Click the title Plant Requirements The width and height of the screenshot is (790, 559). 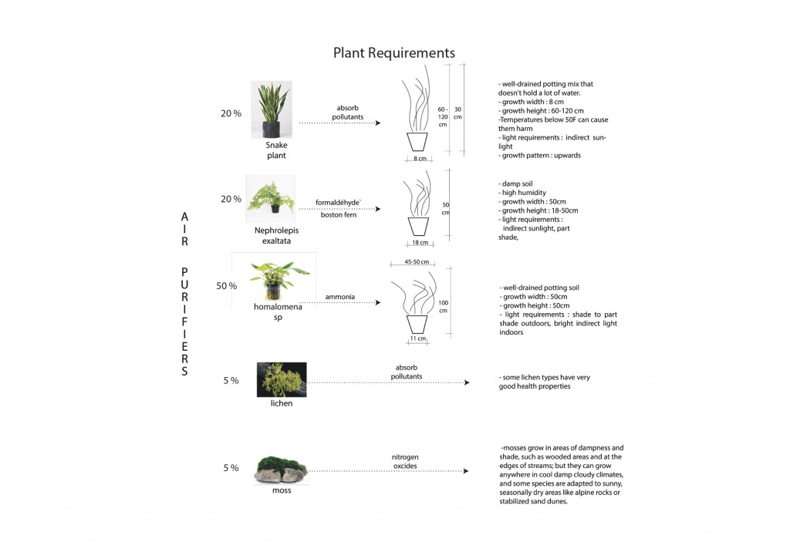tap(393, 53)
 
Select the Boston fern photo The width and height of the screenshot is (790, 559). tap(271, 198)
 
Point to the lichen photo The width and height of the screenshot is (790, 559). tap(281, 379)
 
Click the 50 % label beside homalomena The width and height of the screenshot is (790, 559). tap(227, 286)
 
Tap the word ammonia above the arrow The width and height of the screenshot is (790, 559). tap(340, 296)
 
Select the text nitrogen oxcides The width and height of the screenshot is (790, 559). tap(405, 460)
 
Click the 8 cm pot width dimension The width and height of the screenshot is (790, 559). tap(420, 159)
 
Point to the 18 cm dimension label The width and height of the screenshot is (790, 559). tap(420, 242)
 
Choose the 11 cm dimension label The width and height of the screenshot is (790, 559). tap(417, 338)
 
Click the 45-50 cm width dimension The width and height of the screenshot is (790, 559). tap(417, 262)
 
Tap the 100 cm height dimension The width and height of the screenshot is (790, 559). tap(443, 306)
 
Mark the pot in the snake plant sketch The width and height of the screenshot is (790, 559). tap(417, 142)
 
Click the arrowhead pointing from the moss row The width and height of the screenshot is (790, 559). tap(466, 471)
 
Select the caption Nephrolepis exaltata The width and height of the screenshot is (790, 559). tap(275, 235)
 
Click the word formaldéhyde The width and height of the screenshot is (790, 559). tap(339, 203)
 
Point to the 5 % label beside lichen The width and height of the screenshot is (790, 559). tap(231, 381)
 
